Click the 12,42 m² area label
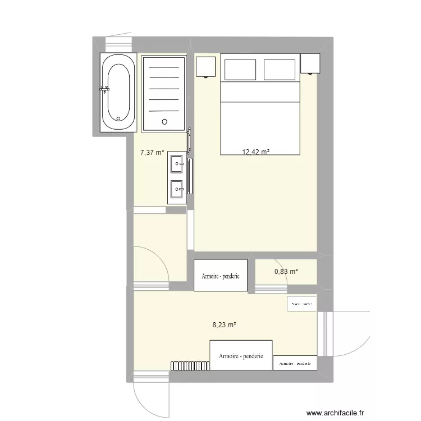pos(255,152)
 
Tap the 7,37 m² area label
pos(152,152)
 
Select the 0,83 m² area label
pos(286,272)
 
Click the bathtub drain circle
pos(118,118)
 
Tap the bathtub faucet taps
pos(104,88)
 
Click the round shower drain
pos(164,121)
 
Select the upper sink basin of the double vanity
pos(177,164)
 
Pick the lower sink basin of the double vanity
pos(177,189)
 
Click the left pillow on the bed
pos(240,70)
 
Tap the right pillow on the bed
pos(279,70)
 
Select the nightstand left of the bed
pos(205,66)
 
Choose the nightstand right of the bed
pos(310,63)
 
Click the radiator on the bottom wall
pos(189,365)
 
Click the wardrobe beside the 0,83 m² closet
pos(221,275)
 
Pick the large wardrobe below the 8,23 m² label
pos(241,355)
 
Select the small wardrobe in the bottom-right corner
pos(295,363)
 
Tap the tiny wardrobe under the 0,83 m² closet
pos(301,303)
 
